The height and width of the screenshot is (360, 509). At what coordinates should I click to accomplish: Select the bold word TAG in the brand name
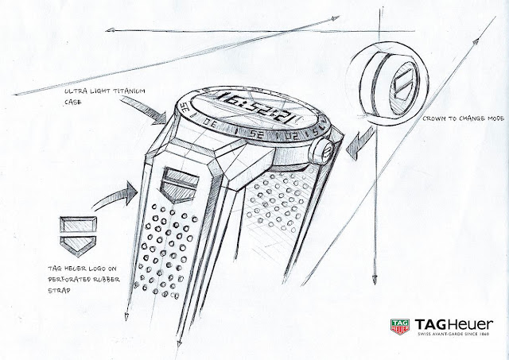click(428, 323)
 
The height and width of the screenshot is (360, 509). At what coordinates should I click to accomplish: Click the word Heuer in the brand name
click(472, 323)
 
